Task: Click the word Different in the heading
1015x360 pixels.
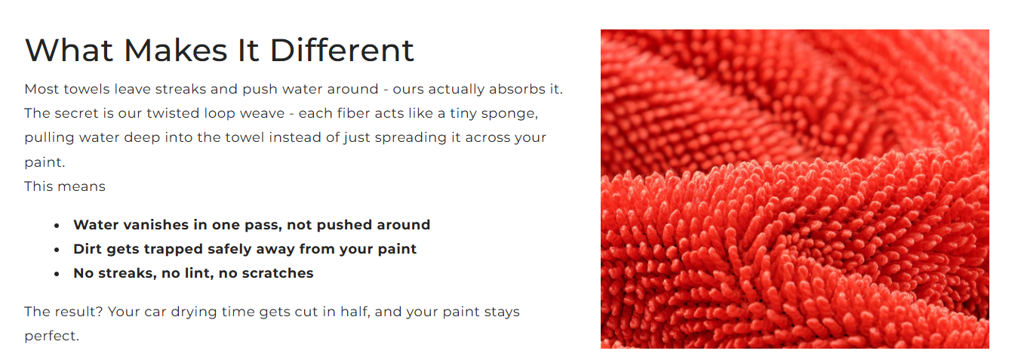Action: click(342, 50)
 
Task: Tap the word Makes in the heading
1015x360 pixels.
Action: click(175, 50)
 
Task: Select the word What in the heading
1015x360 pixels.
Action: click(69, 50)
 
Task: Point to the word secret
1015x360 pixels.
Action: click(78, 113)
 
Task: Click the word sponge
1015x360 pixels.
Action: click(510, 114)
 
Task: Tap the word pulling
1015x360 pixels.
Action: click(49, 138)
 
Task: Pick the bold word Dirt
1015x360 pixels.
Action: click(88, 248)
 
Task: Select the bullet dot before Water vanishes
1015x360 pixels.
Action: click(57, 226)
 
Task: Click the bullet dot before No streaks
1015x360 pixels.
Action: click(57, 274)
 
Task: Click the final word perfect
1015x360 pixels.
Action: click(51, 337)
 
